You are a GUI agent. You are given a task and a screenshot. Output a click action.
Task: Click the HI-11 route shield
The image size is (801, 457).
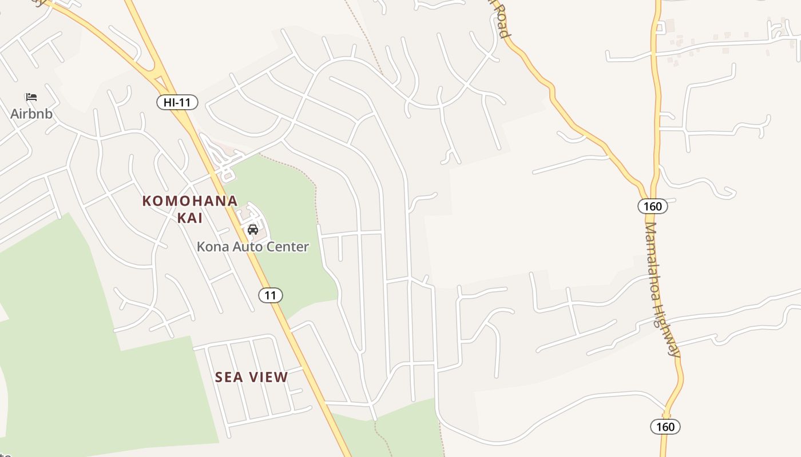click(x=177, y=103)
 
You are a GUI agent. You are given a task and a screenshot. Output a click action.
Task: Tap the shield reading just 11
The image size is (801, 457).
click(x=271, y=295)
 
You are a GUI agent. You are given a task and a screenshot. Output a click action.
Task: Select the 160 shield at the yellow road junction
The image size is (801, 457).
click(x=652, y=206)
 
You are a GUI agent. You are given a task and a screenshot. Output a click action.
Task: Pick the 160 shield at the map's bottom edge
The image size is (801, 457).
click(x=665, y=427)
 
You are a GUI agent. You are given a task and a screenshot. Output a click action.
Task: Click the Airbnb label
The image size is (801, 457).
click(x=31, y=114)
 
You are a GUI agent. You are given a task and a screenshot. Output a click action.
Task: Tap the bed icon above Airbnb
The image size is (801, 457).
click(x=31, y=98)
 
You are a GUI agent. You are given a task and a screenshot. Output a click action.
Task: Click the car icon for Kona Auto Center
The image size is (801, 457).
click(x=252, y=230)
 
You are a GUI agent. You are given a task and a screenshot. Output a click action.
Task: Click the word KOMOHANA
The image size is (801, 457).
click(x=190, y=201)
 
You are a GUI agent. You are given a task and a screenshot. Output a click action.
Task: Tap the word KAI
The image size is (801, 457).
click(x=190, y=218)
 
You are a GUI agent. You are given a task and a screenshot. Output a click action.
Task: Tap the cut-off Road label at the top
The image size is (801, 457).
click(x=499, y=20)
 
